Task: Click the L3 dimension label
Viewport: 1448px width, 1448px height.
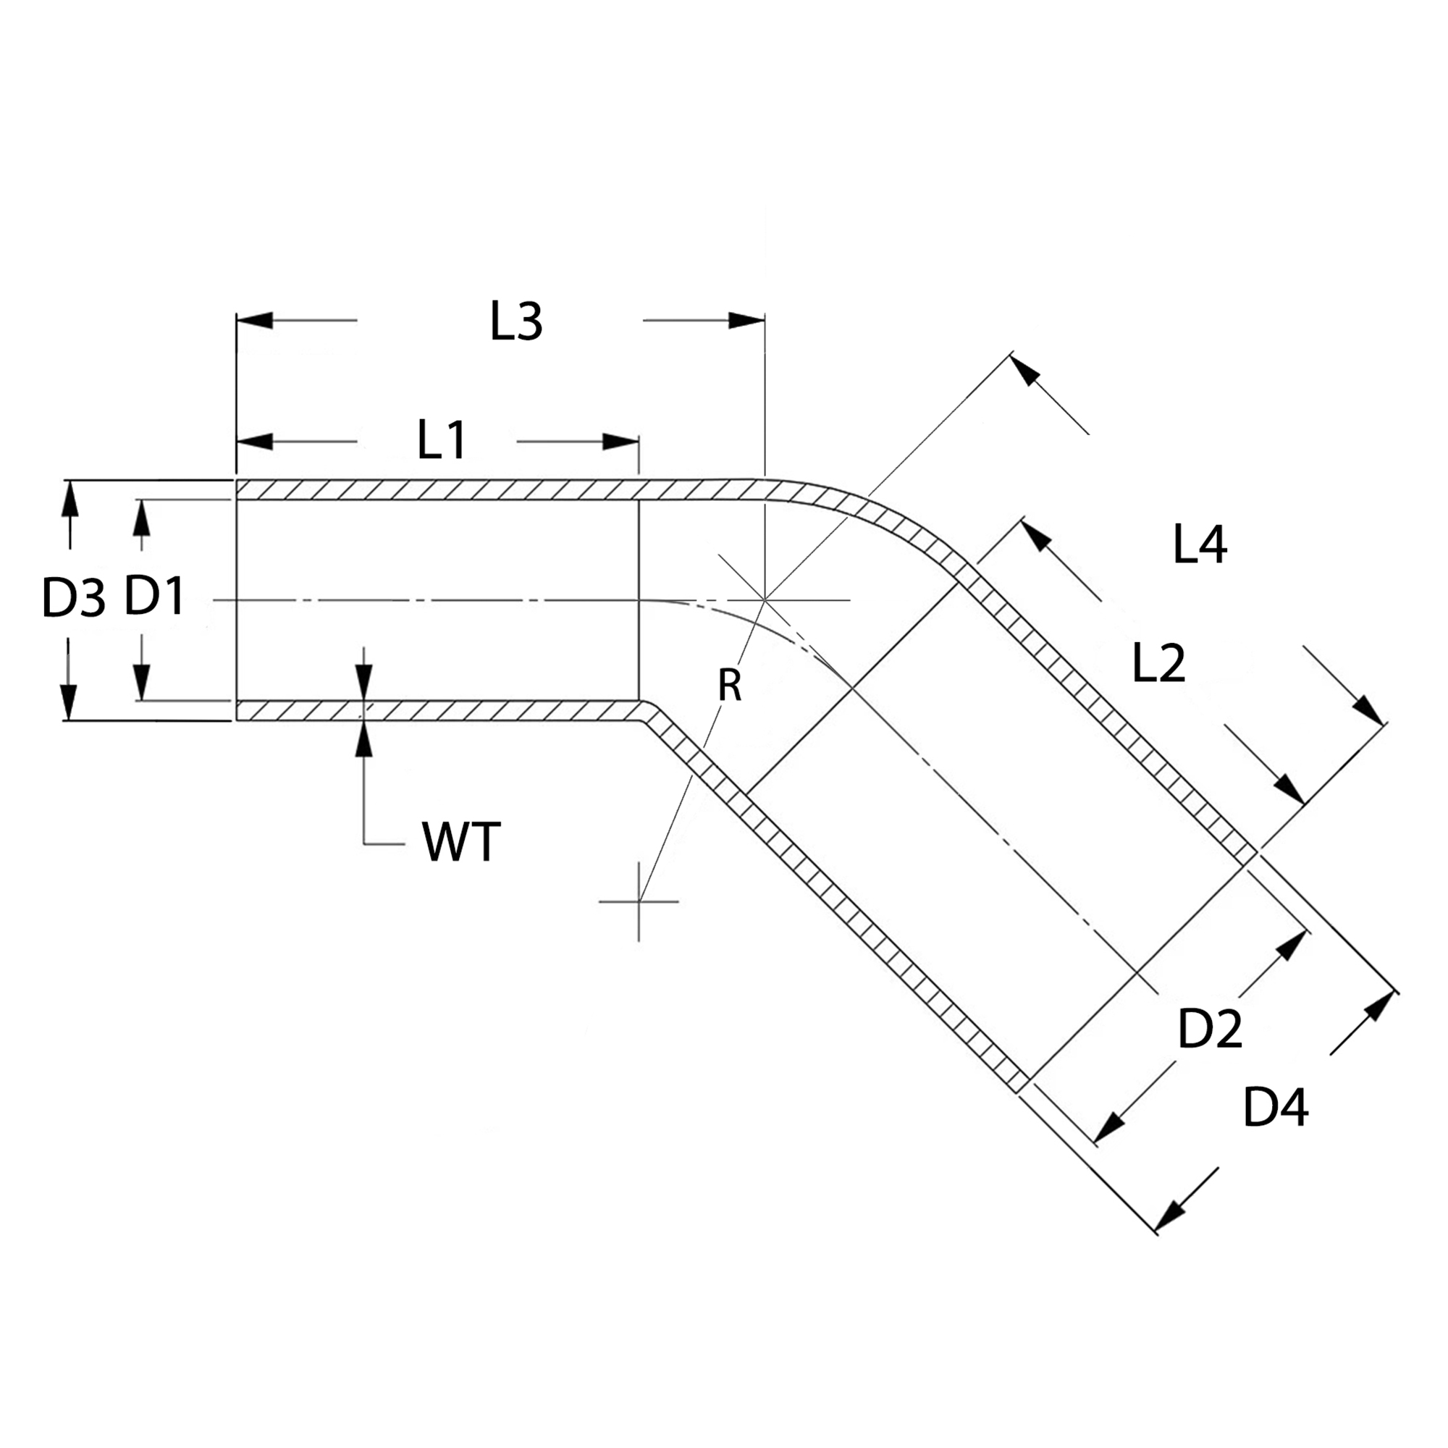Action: tap(515, 321)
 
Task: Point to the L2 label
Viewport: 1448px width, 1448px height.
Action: tap(1158, 662)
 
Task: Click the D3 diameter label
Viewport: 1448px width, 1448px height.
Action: tap(72, 599)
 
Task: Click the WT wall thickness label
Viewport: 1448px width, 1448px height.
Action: tap(461, 843)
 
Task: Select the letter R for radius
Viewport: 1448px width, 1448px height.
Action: tap(729, 685)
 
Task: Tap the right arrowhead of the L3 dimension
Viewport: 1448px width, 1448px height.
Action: tap(746, 321)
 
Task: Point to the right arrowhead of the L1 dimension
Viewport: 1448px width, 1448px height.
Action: tap(620, 442)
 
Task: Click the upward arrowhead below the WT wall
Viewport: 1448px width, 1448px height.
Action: tap(364, 739)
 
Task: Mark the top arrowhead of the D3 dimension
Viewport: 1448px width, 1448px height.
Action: tap(70, 498)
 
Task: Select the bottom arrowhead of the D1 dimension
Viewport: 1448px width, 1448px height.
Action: tap(142, 683)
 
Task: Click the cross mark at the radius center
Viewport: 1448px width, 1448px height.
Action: tap(639, 901)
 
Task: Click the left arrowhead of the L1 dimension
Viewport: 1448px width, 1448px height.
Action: tap(255, 442)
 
